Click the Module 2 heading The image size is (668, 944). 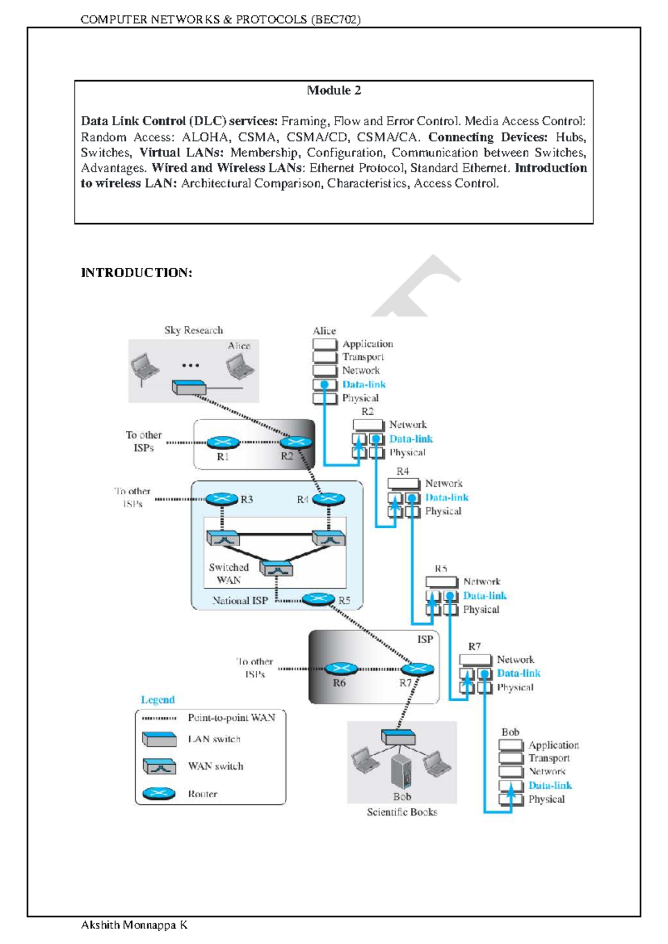click(333, 90)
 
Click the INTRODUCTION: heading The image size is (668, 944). click(136, 273)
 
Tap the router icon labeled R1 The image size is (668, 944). click(223, 443)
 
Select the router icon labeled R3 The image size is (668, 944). click(222, 499)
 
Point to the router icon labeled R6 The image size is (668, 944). click(341, 669)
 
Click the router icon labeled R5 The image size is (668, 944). click(318, 599)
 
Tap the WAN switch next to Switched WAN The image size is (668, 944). click(276, 569)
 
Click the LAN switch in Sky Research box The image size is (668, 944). click(189, 387)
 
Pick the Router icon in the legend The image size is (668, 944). click(159, 794)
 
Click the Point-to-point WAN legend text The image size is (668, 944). click(232, 717)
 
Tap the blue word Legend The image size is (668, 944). click(158, 700)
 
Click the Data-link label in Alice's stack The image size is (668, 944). click(364, 384)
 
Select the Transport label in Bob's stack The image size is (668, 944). click(549, 758)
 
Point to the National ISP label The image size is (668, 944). click(240, 601)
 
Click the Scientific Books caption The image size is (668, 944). click(402, 812)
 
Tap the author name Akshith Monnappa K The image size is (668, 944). click(134, 925)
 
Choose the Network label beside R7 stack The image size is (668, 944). click(515, 660)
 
